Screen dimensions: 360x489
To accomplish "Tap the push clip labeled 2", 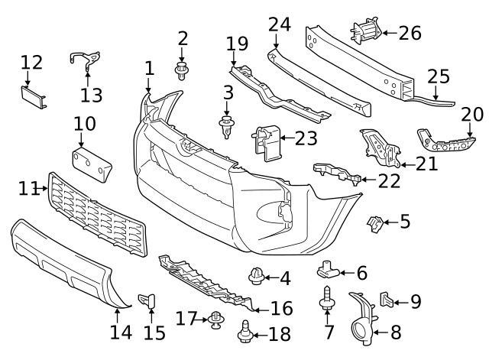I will click(x=182, y=72).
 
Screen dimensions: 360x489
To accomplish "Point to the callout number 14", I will click(x=121, y=332).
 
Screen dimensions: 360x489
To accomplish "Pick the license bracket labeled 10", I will click(x=91, y=163).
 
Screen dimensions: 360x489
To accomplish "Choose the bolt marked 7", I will click(x=327, y=299).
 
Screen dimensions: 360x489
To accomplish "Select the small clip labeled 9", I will click(x=386, y=300).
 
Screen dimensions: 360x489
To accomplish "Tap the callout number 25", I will click(x=438, y=76).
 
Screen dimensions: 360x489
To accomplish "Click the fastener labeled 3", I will click(x=226, y=126).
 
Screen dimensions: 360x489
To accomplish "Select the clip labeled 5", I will click(x=375, y=222).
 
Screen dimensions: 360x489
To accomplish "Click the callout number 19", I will click(x=237, y=43).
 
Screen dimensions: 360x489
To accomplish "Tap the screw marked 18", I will click(x=246, y=332).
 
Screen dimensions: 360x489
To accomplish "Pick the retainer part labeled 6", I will click(x=326, y=270).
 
